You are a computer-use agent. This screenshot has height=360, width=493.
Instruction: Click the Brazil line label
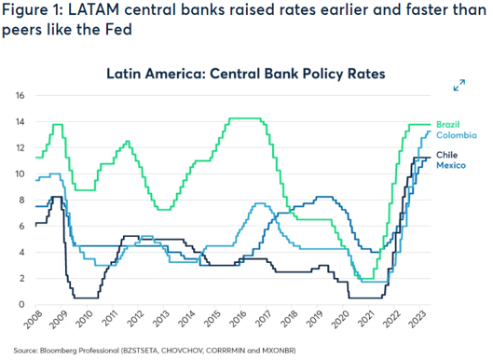point(449,125)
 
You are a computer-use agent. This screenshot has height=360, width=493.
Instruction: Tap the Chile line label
point(447,153)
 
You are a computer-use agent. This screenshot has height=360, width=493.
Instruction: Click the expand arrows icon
point(459,86)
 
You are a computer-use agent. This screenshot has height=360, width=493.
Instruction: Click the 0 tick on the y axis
point(20,304)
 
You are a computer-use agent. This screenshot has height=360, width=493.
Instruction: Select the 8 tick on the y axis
point(20,200)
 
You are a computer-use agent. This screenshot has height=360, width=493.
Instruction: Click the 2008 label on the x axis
point(35,324)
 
